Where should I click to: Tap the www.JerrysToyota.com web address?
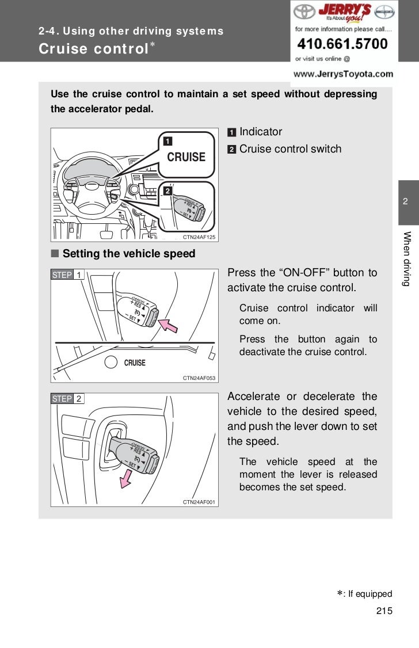344,74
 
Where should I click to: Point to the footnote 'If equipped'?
368,594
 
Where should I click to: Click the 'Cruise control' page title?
94,48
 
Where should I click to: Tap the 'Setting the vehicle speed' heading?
129,254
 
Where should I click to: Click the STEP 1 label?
67,275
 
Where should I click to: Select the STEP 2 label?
67,399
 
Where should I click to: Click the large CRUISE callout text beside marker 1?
186,157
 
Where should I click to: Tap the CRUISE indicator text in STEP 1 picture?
135,363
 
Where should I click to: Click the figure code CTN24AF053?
199,378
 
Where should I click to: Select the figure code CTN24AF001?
199,502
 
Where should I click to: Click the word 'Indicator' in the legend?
261,132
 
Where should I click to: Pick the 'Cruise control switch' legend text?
290,149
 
